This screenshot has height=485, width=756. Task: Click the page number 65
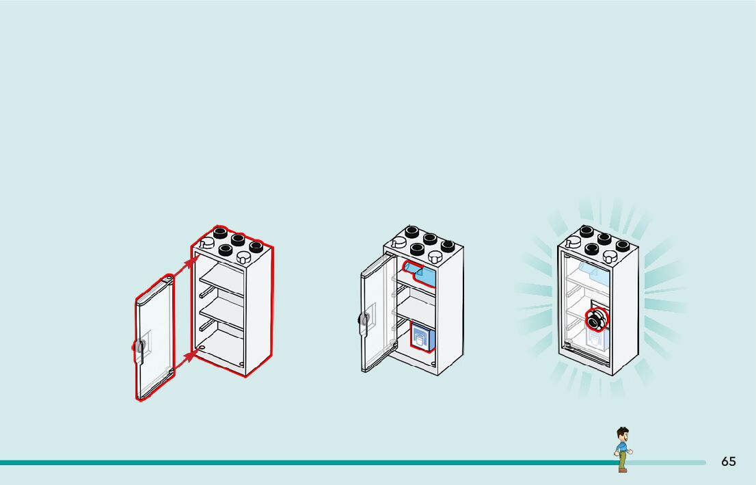[x=728, y=462]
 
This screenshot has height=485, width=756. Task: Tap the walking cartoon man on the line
[x=622, y=450]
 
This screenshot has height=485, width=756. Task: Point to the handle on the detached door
[x=139, y=348]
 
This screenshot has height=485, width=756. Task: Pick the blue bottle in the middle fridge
[x=418, y=272]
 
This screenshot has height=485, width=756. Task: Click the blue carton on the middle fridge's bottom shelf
[x=422, y=338]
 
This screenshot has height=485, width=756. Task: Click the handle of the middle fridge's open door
[x=364, y=319]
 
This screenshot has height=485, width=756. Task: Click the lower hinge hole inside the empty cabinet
[x=203, y=348]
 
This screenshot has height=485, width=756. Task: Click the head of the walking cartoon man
[x=622, y=434]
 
